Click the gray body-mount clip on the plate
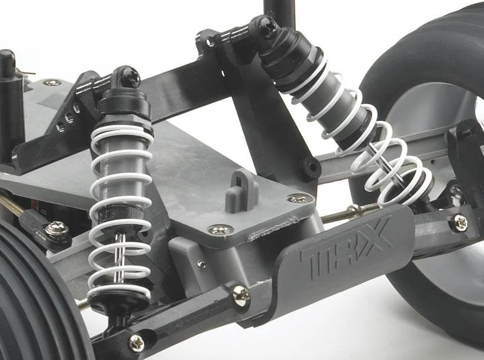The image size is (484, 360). [241, 191]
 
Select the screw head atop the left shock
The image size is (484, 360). [131, 76]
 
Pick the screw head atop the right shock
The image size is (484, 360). [267, 24]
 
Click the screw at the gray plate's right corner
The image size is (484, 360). [298, 198]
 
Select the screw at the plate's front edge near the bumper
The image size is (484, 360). [220, 229]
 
